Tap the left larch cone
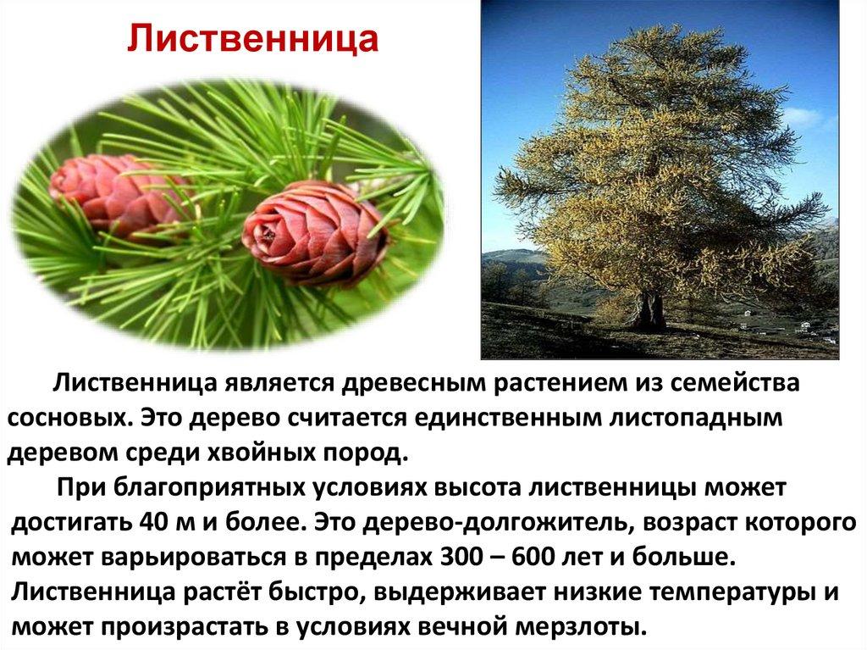[114, 194]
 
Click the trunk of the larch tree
[648, 308]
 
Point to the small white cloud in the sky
[801, 117]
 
